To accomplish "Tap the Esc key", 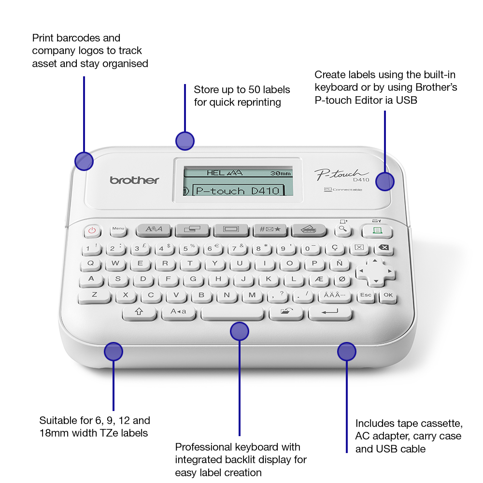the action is coord(366,296).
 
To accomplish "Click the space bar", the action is coord(233,313).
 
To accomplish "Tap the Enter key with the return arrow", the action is coord(330,313).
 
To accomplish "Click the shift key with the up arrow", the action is coord(139,313).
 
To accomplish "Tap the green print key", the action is coord(377,231).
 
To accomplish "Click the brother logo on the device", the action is coord(134,180).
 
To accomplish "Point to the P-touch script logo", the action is coord(341,174).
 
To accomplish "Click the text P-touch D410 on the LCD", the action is coord(238,191).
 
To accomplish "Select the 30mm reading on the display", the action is coord(280,173).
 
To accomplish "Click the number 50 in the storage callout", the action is coord(255,90).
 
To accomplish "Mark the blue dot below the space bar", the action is coord(240,331).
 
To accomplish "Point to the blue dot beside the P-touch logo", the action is coord(385,182).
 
